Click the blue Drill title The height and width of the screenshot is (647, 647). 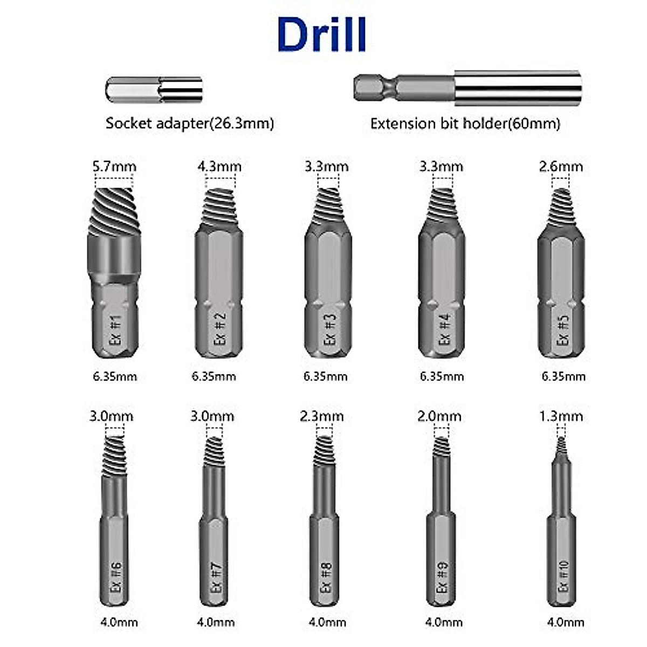322,35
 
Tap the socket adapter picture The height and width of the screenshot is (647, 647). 154,90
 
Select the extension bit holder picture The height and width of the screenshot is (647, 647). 467,87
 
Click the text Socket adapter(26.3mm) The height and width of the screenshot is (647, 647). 190,123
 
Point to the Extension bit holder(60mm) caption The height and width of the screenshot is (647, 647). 465,123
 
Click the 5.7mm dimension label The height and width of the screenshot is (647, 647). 114,167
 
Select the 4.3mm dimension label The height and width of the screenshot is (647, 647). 219,167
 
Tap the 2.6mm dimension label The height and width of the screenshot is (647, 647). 561,167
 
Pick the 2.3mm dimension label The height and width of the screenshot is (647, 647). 322,416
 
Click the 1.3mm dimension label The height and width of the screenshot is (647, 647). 561,416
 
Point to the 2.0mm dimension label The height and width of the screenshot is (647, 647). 439,416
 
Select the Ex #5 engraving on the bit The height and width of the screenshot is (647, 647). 562,329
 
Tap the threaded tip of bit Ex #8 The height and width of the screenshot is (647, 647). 323,451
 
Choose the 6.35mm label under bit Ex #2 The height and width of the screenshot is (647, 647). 214,376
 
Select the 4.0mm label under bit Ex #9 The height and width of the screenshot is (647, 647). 444,622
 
